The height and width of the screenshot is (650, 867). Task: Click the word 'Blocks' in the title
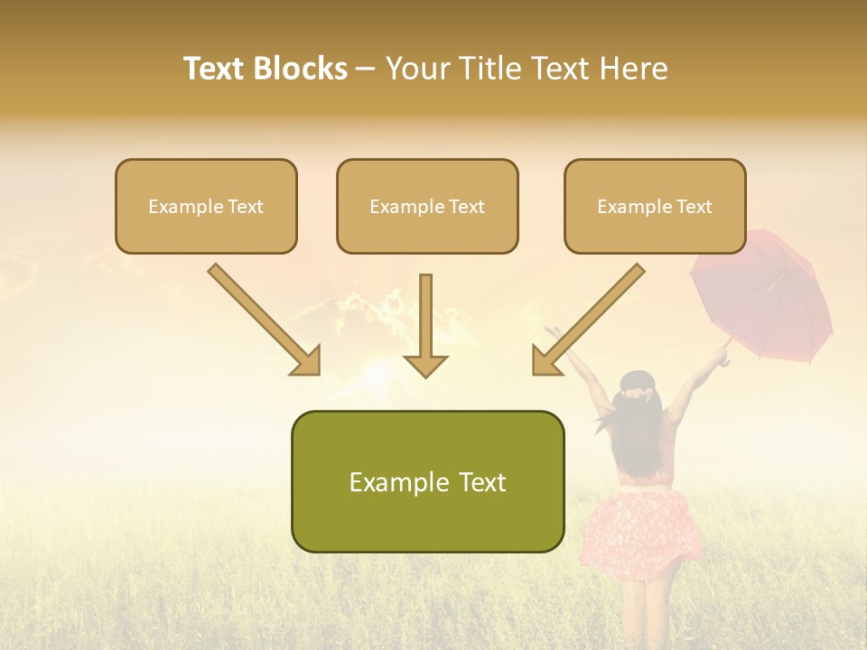[301, 69]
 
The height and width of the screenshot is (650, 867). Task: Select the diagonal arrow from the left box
[265, 320]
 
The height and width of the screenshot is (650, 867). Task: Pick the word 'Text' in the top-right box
[695, 207]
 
